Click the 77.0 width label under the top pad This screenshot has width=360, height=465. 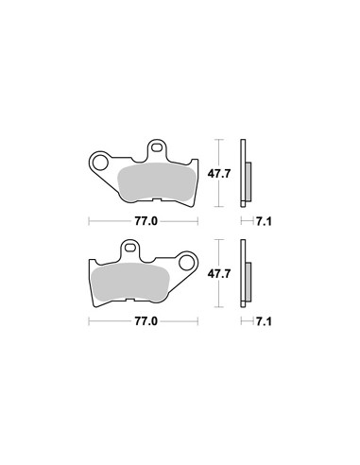coord(146,221)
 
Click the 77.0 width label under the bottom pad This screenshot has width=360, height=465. coord(146,321)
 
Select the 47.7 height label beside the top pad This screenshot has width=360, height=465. coord(219,173)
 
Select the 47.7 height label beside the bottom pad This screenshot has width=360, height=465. coord(219,273)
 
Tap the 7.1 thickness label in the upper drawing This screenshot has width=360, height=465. coord(264,221)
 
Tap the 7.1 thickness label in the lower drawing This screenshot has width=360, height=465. coord(264,321)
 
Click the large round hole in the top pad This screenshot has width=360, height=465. coord(100,162)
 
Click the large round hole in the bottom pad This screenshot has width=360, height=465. coord(186,262)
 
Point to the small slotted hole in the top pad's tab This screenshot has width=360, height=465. coord(156,147)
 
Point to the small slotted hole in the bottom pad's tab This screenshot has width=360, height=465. coord(130,248)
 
